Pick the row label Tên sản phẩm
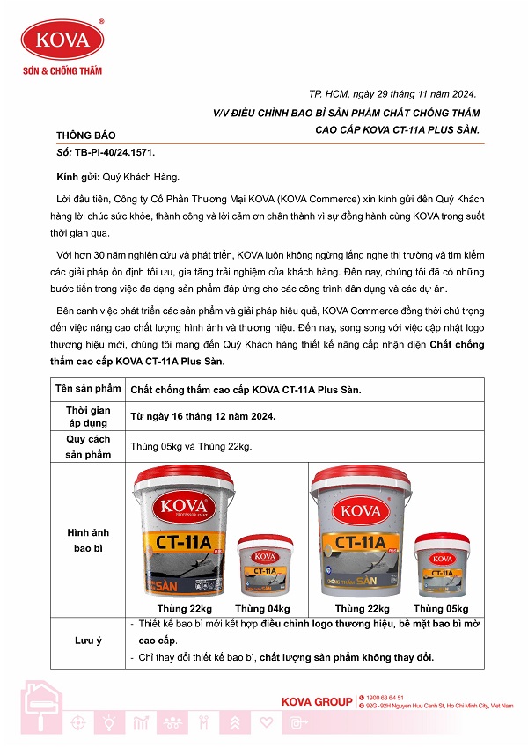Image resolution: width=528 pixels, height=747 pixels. tap(88, 389)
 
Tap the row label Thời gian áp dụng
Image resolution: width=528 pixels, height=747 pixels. tap(88, 416)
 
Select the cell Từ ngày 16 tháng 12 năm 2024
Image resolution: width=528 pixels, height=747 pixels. tap(202, 416)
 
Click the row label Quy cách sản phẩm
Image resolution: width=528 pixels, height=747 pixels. tap(88, 446)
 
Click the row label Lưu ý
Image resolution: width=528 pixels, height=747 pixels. tap(88, 641)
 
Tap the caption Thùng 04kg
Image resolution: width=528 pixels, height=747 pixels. tap(262, 608)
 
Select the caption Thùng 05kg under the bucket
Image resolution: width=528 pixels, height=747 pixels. tap(441, 608)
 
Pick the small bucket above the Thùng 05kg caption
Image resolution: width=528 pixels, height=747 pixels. tap(441, 565)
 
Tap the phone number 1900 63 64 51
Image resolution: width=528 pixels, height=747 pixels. tap(386, 697)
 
